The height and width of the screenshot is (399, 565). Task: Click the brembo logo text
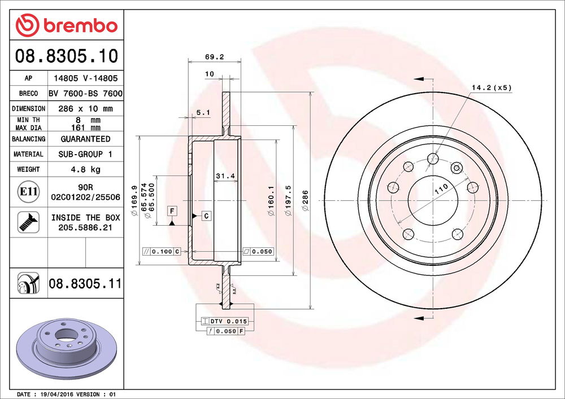pyautogui.click(x=80, y=26)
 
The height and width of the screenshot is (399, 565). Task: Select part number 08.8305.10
pyautogui.click(x=67, y=56)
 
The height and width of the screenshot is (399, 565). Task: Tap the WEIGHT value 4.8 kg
pyautogui.click(x=85, y=169)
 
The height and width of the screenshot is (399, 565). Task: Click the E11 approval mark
pyautogui.click(x=28, y=191)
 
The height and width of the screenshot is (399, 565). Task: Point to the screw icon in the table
pyautogui.click(x=28, y=222)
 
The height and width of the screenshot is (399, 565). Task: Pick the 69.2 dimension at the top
pyautogui.click(x=214, y=57)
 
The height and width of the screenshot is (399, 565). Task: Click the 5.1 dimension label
pyautogui.click(x=203, y=113)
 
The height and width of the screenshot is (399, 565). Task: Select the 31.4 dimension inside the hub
pyautogui.click(x=225, y=176)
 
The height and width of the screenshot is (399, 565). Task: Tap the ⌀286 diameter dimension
pyautogui.click(x=305, y=201)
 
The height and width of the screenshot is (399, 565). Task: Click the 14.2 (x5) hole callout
pyautogui.click(x=492, y=87)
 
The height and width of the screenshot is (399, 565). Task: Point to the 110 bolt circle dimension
pyautogui.click(x=441, y=189)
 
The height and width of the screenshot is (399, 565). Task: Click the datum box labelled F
pyautogui.click(x=172, y=211)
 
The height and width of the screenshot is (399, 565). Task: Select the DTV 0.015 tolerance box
pyautogui.click(x=225, y=321)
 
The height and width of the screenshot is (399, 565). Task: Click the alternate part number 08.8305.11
pyautogui.click(x=85, y=283)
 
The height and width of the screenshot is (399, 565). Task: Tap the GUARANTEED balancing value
pyautogui.click(x=85, y=139)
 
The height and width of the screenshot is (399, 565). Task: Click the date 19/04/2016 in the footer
pyautogui.click(x=54, y=394)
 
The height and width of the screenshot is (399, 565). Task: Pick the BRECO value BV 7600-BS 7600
pyautogui.click(x=85, y=94)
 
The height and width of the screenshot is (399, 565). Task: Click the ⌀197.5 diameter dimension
pyautogui.click(x=288, y=201)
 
